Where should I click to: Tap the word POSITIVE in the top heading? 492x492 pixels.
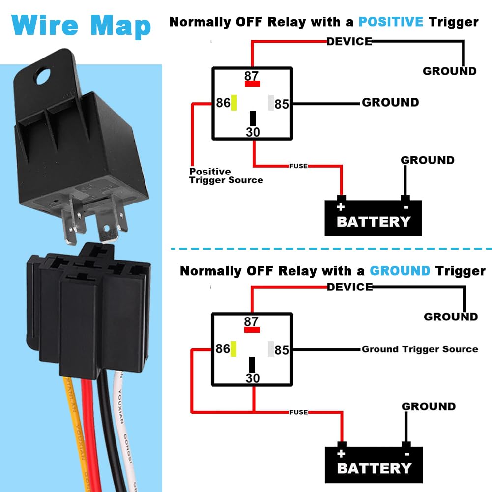tap(391, 22)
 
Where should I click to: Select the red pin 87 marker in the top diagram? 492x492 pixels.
tap(253, 84)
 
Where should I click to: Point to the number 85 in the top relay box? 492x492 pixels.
tap(282, 104)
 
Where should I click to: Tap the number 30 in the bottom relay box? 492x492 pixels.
tap(252, 378)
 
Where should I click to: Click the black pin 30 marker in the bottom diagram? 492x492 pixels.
tap(252, 365)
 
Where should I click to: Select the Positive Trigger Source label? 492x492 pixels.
tap(226, 175)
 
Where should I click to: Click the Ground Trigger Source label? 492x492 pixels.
tap(420, 349)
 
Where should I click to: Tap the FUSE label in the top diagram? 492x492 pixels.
tap(298, 166)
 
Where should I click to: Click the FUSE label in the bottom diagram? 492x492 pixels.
tap(299, 412)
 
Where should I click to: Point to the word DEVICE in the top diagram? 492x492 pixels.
tap(349, 41)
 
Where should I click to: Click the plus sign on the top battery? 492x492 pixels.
tap(341, 206)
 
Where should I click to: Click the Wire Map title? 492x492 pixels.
tap(82, 26)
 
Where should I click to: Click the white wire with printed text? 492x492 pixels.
tap(123, 428)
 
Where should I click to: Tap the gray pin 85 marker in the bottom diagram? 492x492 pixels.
tap(270, 349)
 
